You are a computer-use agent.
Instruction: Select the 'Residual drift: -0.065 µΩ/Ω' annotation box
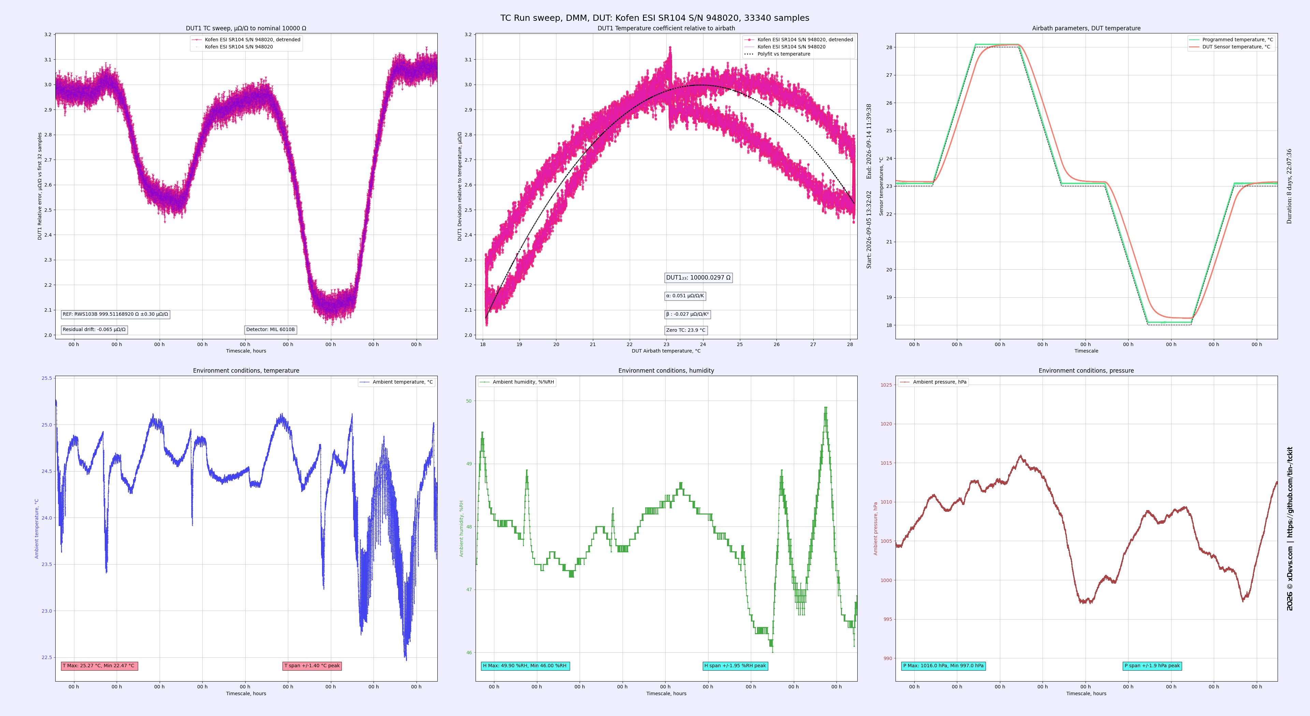(94, 330)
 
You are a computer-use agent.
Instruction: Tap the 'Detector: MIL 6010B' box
(271, 330)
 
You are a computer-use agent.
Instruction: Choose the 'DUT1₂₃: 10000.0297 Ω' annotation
(699, 278)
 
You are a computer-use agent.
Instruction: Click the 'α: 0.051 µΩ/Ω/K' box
(685, 296)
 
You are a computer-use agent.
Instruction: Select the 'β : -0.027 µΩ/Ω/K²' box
(687, 314)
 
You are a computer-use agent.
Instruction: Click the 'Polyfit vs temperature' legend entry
(777, 54)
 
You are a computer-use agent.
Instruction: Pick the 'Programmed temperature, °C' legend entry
(1231, 40)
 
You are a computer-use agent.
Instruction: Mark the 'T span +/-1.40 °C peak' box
(312, 666)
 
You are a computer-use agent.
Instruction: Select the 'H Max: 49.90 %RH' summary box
(525, 666)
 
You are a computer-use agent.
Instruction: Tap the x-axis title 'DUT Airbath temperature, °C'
(666, 350)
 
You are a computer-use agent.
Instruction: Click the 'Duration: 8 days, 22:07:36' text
(1289, 187)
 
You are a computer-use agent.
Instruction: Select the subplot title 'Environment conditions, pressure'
(1086, 371)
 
